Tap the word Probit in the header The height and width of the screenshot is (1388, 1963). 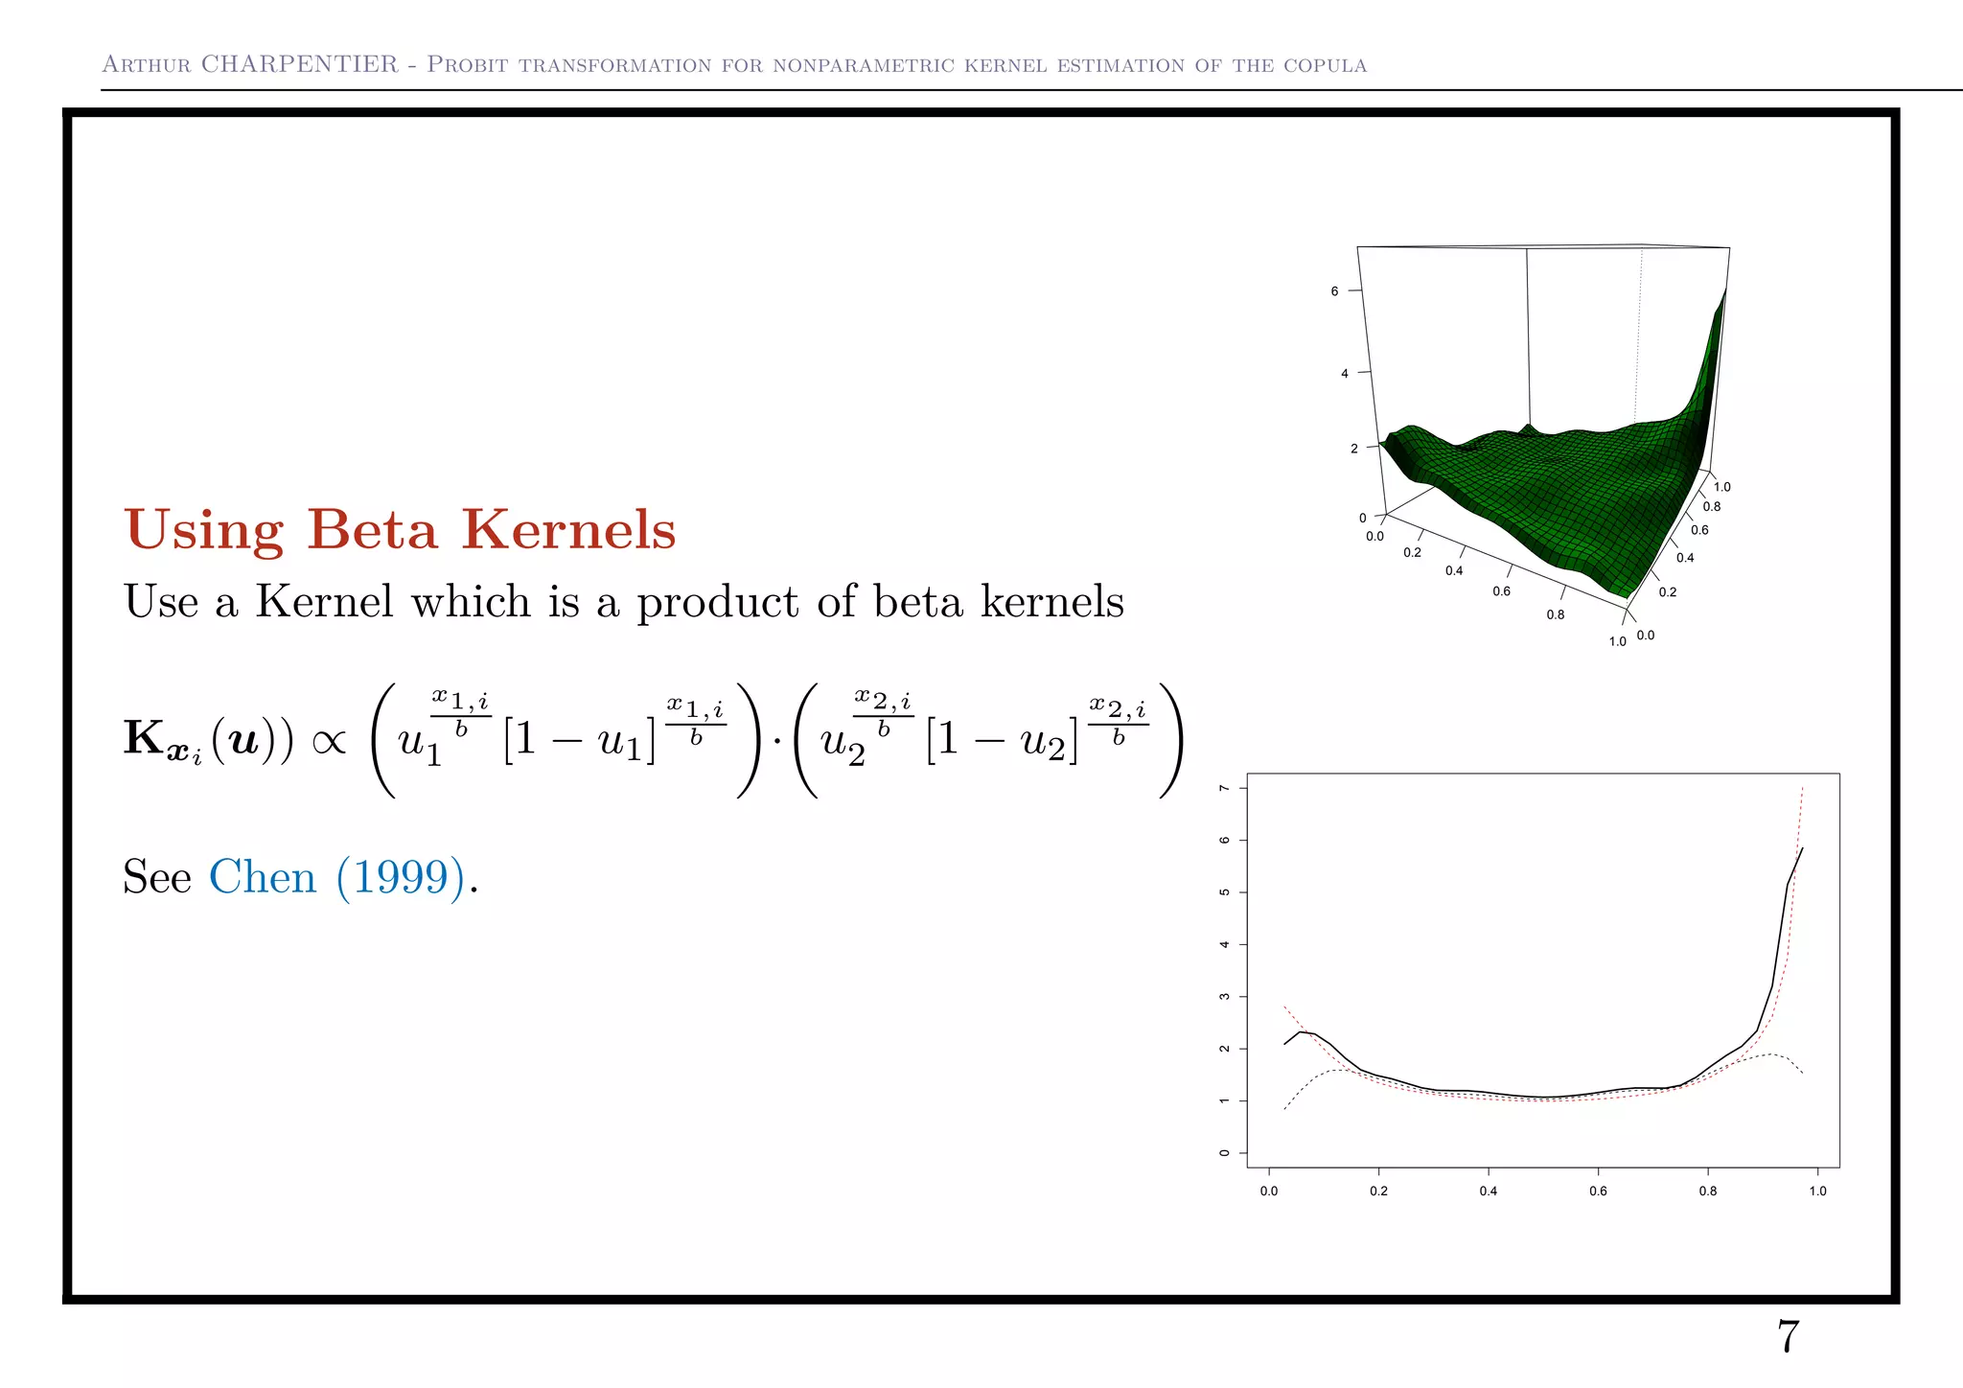coord(467,64)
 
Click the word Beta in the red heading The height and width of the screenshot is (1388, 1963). coord(372,529)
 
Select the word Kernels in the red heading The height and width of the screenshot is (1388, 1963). coord(568,529)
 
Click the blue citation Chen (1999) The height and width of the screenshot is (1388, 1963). coord(336,876)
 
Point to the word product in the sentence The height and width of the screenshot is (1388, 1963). coord(717,603)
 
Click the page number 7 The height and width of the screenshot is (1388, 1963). coord(1788,1336)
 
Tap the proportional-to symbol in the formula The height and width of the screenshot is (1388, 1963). coord(329,741)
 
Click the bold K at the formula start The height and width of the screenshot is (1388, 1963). coord(144,738)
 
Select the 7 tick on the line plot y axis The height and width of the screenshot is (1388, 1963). coord(1224,788)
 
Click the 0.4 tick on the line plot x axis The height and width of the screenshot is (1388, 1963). coord(1488,1191)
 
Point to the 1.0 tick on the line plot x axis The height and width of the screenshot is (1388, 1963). coord(1817,1191)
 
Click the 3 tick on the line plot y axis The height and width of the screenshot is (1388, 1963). coord(1224,997)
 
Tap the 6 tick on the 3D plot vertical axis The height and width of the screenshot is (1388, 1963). coord(1334,290)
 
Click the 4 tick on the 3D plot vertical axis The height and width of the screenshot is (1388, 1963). coord(1344,373)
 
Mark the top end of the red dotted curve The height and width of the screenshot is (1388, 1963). coord(1803,788)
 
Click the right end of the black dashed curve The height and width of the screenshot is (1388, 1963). coord(1803,1074)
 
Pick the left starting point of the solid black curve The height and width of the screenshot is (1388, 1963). coord(1284,1044)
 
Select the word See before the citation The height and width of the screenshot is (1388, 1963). coord(157,876)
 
